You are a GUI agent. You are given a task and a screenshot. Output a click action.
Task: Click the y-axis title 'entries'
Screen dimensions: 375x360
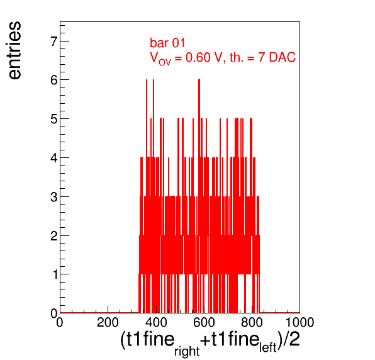click(x=15, y=50)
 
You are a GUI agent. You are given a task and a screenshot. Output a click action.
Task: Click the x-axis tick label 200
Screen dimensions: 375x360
click(x=108, y=322)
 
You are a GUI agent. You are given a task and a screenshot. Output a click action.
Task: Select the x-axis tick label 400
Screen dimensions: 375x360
click(x=156, y=322)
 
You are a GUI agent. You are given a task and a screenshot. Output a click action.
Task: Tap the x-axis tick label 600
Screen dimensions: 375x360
click(x=204, y=322)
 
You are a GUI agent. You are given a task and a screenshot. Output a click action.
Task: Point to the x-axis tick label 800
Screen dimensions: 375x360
click(x=252, y=322)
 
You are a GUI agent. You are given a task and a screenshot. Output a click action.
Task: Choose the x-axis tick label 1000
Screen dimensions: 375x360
click(x=300, y=322)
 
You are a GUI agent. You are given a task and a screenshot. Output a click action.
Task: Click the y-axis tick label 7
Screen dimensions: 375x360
click(x=54, y=42)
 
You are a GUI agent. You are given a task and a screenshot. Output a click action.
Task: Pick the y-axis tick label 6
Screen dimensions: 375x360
click(x=54, y=80)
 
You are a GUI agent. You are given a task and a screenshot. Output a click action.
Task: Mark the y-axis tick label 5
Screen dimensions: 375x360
click(x=54, y=119)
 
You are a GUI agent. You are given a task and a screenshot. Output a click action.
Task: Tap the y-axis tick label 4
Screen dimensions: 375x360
click(x=54, y=158)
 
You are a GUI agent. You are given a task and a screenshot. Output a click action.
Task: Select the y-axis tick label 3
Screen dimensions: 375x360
click(x=54, y=197)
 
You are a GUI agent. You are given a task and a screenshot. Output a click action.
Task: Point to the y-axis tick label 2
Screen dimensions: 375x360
click(x=54, y=236)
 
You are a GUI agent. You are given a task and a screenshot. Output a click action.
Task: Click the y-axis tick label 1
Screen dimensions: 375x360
click(x=55, y=274)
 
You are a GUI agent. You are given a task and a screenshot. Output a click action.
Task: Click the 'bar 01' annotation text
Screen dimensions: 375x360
click(x=167, y=43)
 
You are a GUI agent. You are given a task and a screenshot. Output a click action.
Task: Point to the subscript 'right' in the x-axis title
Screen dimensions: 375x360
click(x=187, y=351)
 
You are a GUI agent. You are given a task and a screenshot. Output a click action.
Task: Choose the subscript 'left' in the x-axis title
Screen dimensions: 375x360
click(x=268, y=347)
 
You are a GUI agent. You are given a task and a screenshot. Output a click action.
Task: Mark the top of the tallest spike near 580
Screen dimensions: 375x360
click(x=199, y=79)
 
